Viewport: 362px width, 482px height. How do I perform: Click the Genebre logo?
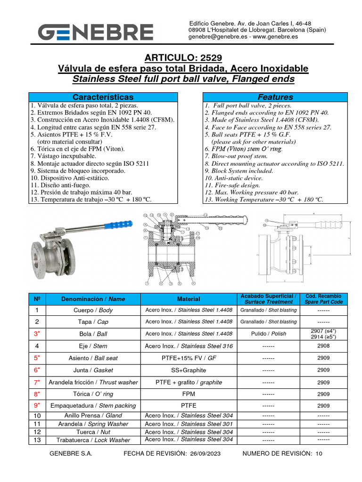tap(96, 32)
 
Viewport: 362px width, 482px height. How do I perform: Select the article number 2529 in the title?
tap(210, 58)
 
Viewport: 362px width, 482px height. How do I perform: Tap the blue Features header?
tap(275, 97)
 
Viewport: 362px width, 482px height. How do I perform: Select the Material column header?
tap(189, 299)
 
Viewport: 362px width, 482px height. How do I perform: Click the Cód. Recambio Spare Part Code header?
tap(323, 299)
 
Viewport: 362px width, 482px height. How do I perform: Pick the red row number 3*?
tap(36, 334)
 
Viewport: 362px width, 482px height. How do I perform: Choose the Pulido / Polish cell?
tap(269, 334)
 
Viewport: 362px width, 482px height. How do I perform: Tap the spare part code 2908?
tap(323, 345)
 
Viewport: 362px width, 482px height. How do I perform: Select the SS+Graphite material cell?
tap(189, 370)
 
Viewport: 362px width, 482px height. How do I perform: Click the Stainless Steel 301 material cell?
tap(189, 424)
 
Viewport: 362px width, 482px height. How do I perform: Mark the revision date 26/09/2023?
tap(206, 454)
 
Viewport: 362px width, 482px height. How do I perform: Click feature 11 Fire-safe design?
tap(232, 185)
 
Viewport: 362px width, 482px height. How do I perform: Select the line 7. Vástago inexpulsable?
tap(63, 156)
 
